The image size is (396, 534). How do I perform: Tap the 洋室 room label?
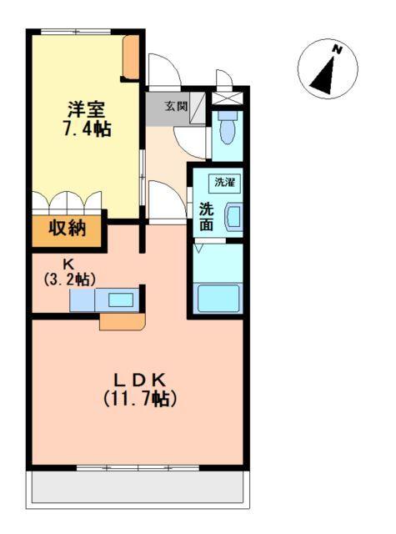[86, 109]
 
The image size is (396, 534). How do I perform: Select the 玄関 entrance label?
[175, 106]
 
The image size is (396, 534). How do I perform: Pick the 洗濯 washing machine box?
[225, 182]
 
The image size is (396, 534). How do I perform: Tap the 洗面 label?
[206, 216]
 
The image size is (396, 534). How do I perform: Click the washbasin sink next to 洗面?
[234, 216]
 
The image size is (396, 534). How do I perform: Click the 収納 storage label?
[66, 229]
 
